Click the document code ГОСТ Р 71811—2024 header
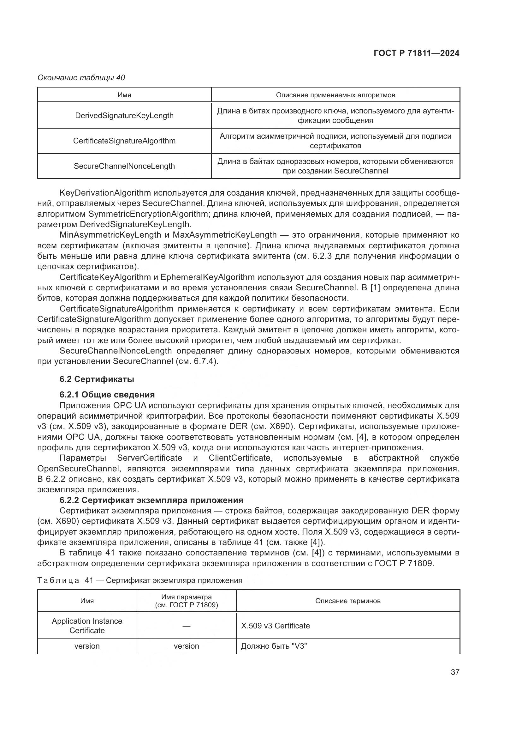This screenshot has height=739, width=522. tap(416, 53)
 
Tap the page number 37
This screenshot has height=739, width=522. tap(455, 672)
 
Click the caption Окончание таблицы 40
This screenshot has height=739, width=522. tap(81, 78)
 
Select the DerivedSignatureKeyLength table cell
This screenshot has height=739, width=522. tap(124, 116)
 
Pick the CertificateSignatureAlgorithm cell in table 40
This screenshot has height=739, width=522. tap(124, 141)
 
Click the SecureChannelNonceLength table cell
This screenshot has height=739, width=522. tap(124, 166)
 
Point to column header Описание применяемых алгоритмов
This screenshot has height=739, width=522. tap(335, 95)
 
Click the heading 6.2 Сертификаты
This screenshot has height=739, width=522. tap(97, 379)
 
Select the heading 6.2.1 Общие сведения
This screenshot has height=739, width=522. tap(107, 395)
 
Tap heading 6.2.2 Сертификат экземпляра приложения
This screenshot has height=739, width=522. tap(151, 500)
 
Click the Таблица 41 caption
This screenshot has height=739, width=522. tap(139, 580)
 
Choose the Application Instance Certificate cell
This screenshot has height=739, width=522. tap(87, 626)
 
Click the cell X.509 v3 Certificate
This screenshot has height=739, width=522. tap(275, 626)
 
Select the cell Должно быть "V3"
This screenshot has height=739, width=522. tap(274, 646)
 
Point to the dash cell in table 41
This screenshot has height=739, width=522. tap(186, 626)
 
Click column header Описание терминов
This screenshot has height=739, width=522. tap(347, 601)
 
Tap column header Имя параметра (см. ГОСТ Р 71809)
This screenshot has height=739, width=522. tap(186, 601)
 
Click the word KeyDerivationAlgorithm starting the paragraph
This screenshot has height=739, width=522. tap(105, 193)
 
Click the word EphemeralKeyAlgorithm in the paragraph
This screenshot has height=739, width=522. tap(207, 277)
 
